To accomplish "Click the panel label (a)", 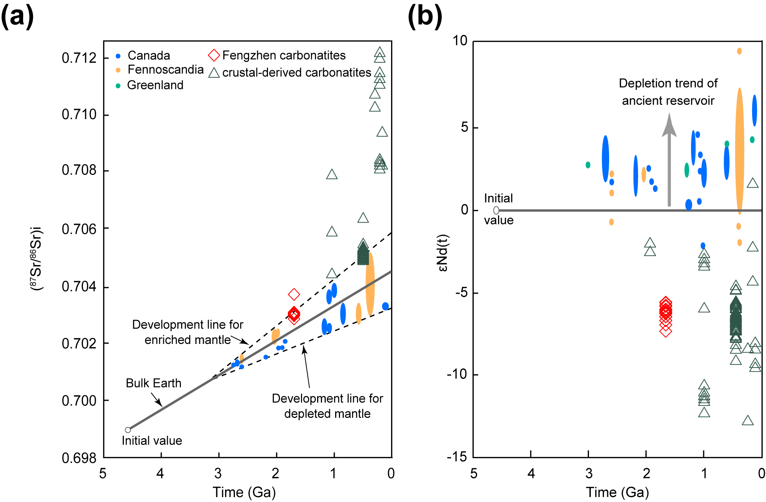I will (x=17, y=17).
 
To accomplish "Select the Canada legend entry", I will (x=149, y=56).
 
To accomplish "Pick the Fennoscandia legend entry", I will (x=166, y=70).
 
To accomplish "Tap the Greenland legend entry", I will (x=155, y=85).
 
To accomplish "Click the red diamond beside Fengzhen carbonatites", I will (x=214, y=55).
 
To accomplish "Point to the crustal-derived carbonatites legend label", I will (x=296, y=72).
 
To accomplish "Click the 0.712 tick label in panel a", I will (x=79, y=58).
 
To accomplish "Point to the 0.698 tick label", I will (x=79, y=458).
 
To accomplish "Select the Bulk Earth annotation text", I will (x=154, y=383).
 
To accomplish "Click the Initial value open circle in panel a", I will (x=128, y=430).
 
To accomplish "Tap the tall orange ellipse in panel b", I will (x=739, y=150).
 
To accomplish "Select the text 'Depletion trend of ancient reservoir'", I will (x=668, y=92).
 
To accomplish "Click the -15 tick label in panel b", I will (x=457, y=457).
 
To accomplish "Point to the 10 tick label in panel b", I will (x=460, y=41).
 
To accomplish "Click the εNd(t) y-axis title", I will (x=443, y=252).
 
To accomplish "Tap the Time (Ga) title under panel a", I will (x=244, y=492).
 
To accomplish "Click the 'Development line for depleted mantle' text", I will (x=327, y=406).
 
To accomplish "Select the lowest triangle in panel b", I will (x=748, y=421).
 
